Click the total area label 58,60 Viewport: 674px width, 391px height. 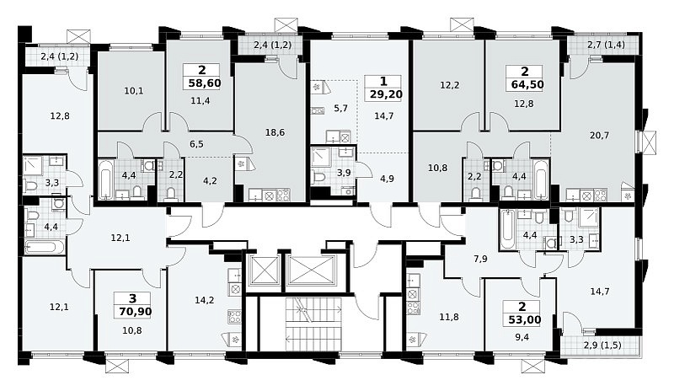[x=205, y=83]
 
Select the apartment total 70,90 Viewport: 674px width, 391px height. [x=136, y=312]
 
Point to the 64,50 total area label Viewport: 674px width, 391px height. [x=527, y=84]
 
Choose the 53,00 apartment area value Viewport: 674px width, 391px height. [x=523, y=320]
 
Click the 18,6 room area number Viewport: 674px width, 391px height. [x=275, y=132]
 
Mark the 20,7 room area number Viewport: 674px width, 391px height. [x=599, y=136]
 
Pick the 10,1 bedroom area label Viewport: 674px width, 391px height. [x=134, y=91]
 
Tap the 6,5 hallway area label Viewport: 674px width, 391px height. [x=196, y=144]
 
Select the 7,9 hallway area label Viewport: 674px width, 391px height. [x=480, y=259]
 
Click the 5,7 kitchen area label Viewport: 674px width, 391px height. [x=340, y=108]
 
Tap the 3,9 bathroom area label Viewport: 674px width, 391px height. [x=344, y=173]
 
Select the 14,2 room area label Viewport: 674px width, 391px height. [x=204, y=300]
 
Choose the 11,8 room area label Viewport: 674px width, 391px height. [x=449, y=317]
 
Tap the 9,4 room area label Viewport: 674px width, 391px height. [x=522, y=337]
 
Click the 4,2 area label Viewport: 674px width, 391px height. [x=209, y=180]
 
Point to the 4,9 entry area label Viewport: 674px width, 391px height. [x=387, y=179]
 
